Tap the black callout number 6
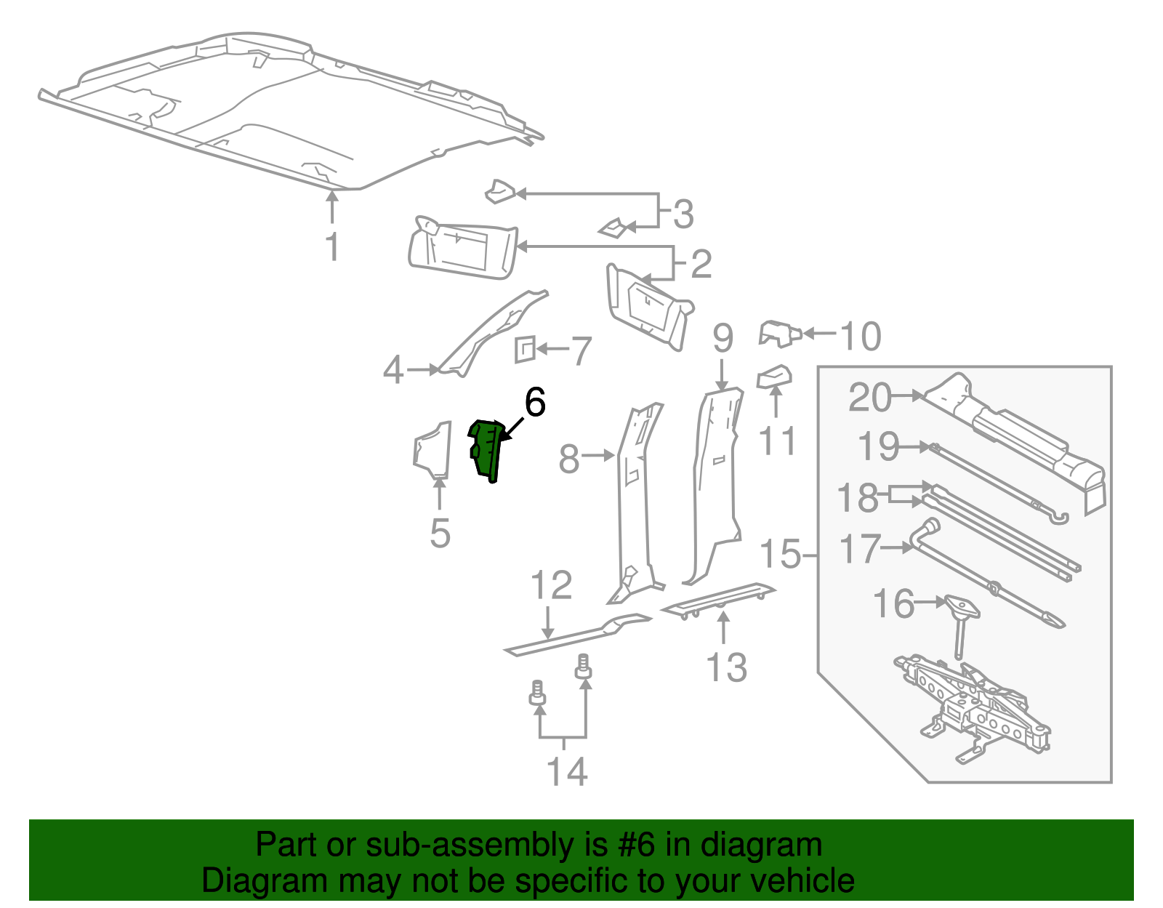(535, 403)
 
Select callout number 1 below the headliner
(332, 247)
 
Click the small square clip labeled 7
(524, 349)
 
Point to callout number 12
(551, 585)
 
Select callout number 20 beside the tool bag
(869, 398)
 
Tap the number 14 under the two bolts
(567, 771)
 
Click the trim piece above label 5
(432, 451)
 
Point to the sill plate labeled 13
(718, 598)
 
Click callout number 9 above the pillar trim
(723, 338)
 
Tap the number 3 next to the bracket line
(683, 214)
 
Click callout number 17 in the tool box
(859, 549)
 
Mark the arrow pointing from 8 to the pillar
(599, 456)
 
